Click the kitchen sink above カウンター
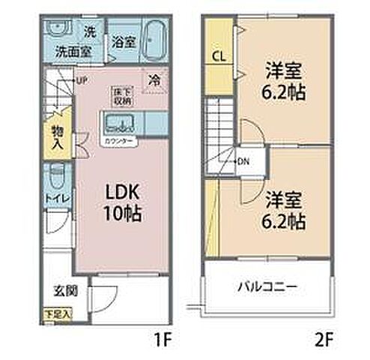point(118,123)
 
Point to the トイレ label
point(57,197)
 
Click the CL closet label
point(219,55)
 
